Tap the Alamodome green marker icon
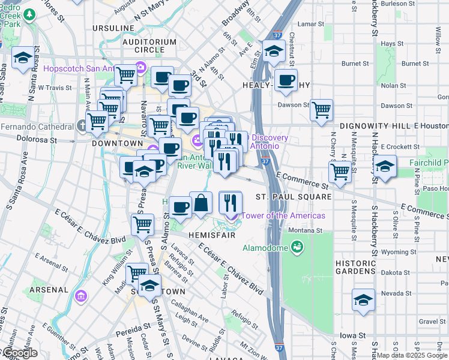(x=297, y=247)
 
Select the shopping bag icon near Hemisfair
(x=201, y=203)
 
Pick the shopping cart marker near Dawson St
(x=321, y=110)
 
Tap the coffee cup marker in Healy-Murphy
(x=286, y=80)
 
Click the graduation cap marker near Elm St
(x=273, y=51)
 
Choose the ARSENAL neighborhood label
(x=49, y=289)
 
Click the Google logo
(x=19, y=353)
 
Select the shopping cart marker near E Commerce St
(x=340, y=172)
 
